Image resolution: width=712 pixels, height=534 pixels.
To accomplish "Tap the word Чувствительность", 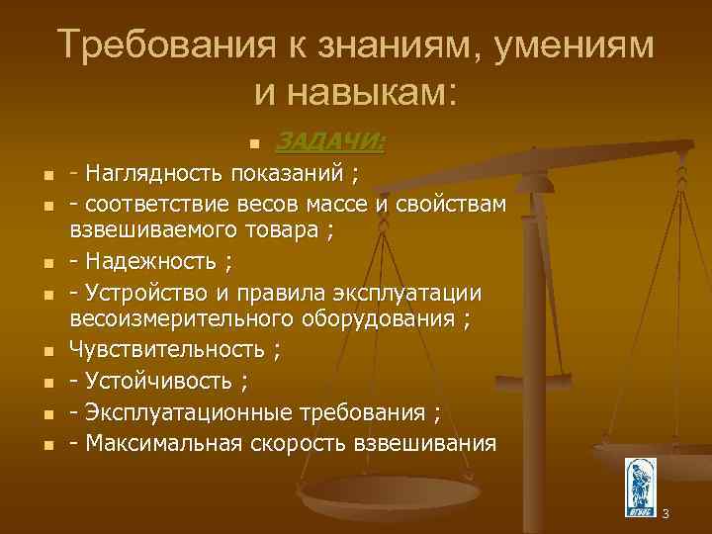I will pyautogui.click(x=167, y=349).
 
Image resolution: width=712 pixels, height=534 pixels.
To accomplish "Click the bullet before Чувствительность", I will pyautogui.click(x=47, y=350).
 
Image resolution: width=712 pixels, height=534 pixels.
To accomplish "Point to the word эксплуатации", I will pyautogui.click(x=416, y=293).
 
